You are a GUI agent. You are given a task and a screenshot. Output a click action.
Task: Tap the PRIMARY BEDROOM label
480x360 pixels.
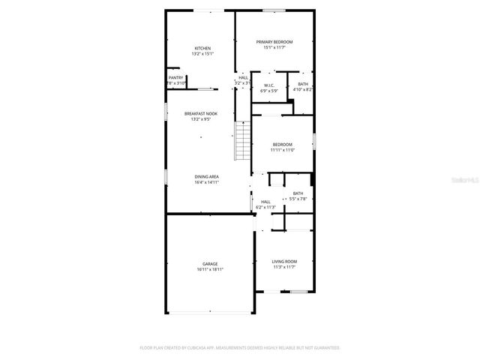click(x=274, y=41)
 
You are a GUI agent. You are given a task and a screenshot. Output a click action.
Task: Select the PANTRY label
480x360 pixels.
click(x=175, y=77)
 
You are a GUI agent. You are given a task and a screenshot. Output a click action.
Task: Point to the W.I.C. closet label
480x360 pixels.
click(x=268, y=85)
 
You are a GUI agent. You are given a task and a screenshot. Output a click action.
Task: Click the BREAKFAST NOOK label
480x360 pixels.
click(x=201, y=113)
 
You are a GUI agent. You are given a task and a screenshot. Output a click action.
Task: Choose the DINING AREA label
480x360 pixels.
click(x=206, y=176)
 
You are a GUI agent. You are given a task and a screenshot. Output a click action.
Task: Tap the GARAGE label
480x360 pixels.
click(x=210, y=264)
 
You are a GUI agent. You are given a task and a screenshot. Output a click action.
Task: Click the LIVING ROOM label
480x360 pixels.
click(x=284, y=261)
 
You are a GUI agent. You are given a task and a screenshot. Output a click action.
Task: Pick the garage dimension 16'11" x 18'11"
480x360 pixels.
click(x=210, y=269)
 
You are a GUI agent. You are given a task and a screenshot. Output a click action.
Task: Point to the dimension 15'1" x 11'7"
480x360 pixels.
click(x=274, y=47)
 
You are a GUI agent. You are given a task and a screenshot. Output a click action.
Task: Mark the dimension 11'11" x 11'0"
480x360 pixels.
click(x=283, y=150)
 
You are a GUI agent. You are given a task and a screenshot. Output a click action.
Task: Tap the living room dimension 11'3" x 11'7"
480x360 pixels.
click(x=284, y=266)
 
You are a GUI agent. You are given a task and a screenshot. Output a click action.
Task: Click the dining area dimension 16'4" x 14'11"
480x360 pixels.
click(x=206, y=181)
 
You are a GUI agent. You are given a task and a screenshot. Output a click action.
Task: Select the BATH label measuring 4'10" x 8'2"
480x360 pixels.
click(x=303, y=84)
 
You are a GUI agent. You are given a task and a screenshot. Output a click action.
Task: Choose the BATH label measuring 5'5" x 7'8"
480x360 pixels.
click(x=298, y=193)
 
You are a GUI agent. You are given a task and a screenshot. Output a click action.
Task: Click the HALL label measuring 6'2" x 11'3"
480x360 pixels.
click(x=265, y=202)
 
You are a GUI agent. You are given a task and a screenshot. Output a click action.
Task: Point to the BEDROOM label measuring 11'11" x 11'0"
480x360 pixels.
click(x=283, y=145)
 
